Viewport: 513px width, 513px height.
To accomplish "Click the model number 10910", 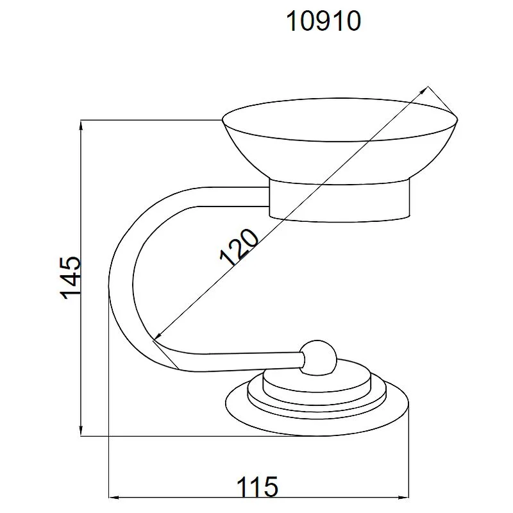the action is pyautogui.click(x=323, y=21).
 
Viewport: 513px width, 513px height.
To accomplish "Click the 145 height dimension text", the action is pyautogui.click(x=70, y=278).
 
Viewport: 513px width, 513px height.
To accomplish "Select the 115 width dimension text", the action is pyautogui.click(x=257, y=487).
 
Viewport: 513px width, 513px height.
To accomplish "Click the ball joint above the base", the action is pyautogui.click(x=319, y=357).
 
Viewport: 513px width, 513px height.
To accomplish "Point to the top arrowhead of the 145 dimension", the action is pyautogui.click(x=81, y=126).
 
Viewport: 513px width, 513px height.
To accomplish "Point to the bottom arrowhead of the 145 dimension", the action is pyautogui.click(x=81, y=430).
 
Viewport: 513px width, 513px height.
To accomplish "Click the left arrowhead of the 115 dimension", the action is pyautogui.click(x=114, y=498).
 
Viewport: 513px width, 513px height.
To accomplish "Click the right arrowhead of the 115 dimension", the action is pyautogui.click(x=403, y=498).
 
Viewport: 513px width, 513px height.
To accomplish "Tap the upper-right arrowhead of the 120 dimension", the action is pyautogui.click(x=424, y=90).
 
